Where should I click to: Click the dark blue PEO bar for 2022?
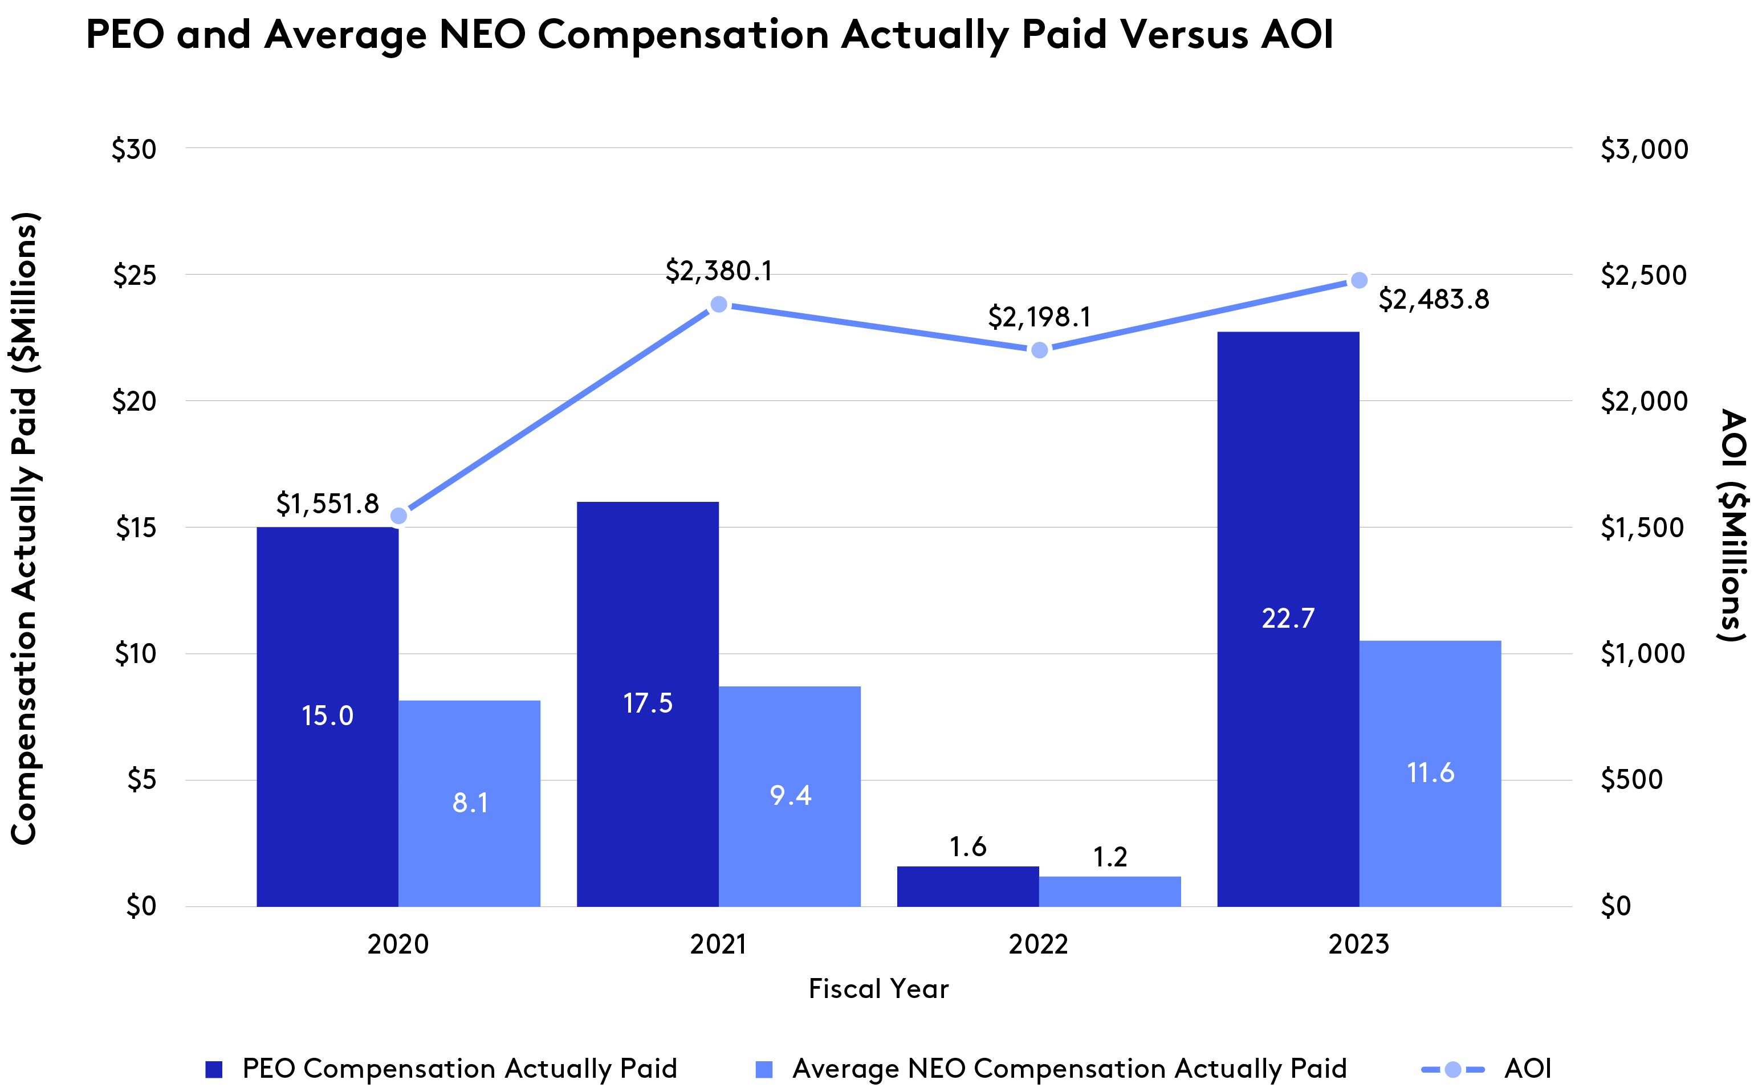(967, 886)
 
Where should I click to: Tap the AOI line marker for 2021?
(718, 304)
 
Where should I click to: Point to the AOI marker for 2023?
(1358, 280)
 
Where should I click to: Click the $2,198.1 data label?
(1039, 317)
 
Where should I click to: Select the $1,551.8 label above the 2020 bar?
(327, 504)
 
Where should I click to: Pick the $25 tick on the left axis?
(135, 275)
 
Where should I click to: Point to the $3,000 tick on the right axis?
(1644, 149)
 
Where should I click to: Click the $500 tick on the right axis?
(1631, 780)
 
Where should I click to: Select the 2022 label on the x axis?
(1038, 944)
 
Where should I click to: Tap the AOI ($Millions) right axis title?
(1733, 525)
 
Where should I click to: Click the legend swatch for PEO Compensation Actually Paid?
(214, 1069)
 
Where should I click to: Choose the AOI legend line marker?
(1452, 1069)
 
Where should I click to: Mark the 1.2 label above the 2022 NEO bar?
(1109, 857)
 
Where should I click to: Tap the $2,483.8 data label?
(1434, 300)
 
